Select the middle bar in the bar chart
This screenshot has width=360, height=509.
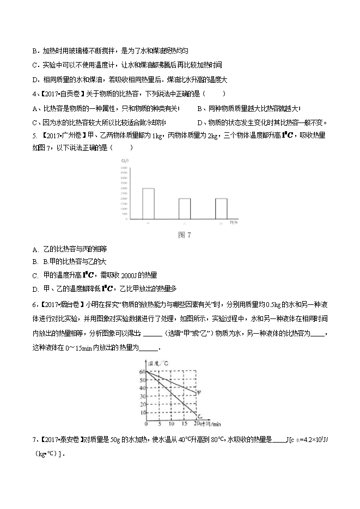[184, 208]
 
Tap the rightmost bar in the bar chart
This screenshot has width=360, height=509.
[221, 208]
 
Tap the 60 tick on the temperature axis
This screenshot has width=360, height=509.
[143, 371]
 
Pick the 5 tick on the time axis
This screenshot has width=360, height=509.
[157, 424]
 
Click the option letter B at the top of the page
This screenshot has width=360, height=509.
[35, 51]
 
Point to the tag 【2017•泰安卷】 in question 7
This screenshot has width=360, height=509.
[56, 440]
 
